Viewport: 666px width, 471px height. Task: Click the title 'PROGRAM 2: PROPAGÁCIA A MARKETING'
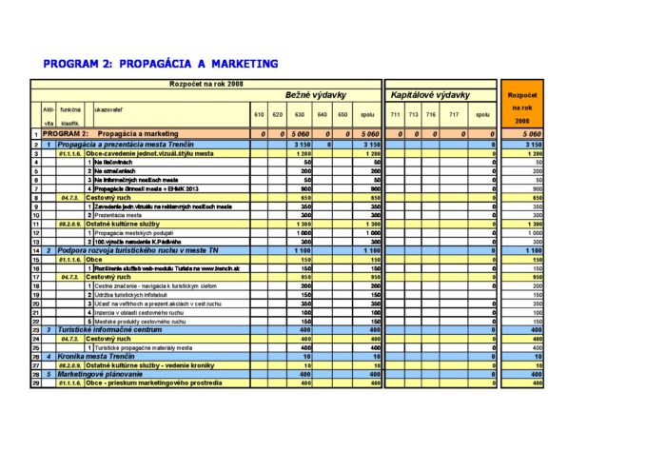(x=161, y=64)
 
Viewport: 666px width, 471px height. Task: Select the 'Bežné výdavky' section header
(x=315, y=95)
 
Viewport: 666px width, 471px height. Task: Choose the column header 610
(x=259, y=115)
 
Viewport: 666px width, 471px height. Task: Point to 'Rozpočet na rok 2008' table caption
(x=206, y=84)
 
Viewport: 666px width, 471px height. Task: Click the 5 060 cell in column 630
(x=301, y=134)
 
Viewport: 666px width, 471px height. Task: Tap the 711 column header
(x=395, y=115)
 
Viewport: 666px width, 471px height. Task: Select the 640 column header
(x=322, y=115)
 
